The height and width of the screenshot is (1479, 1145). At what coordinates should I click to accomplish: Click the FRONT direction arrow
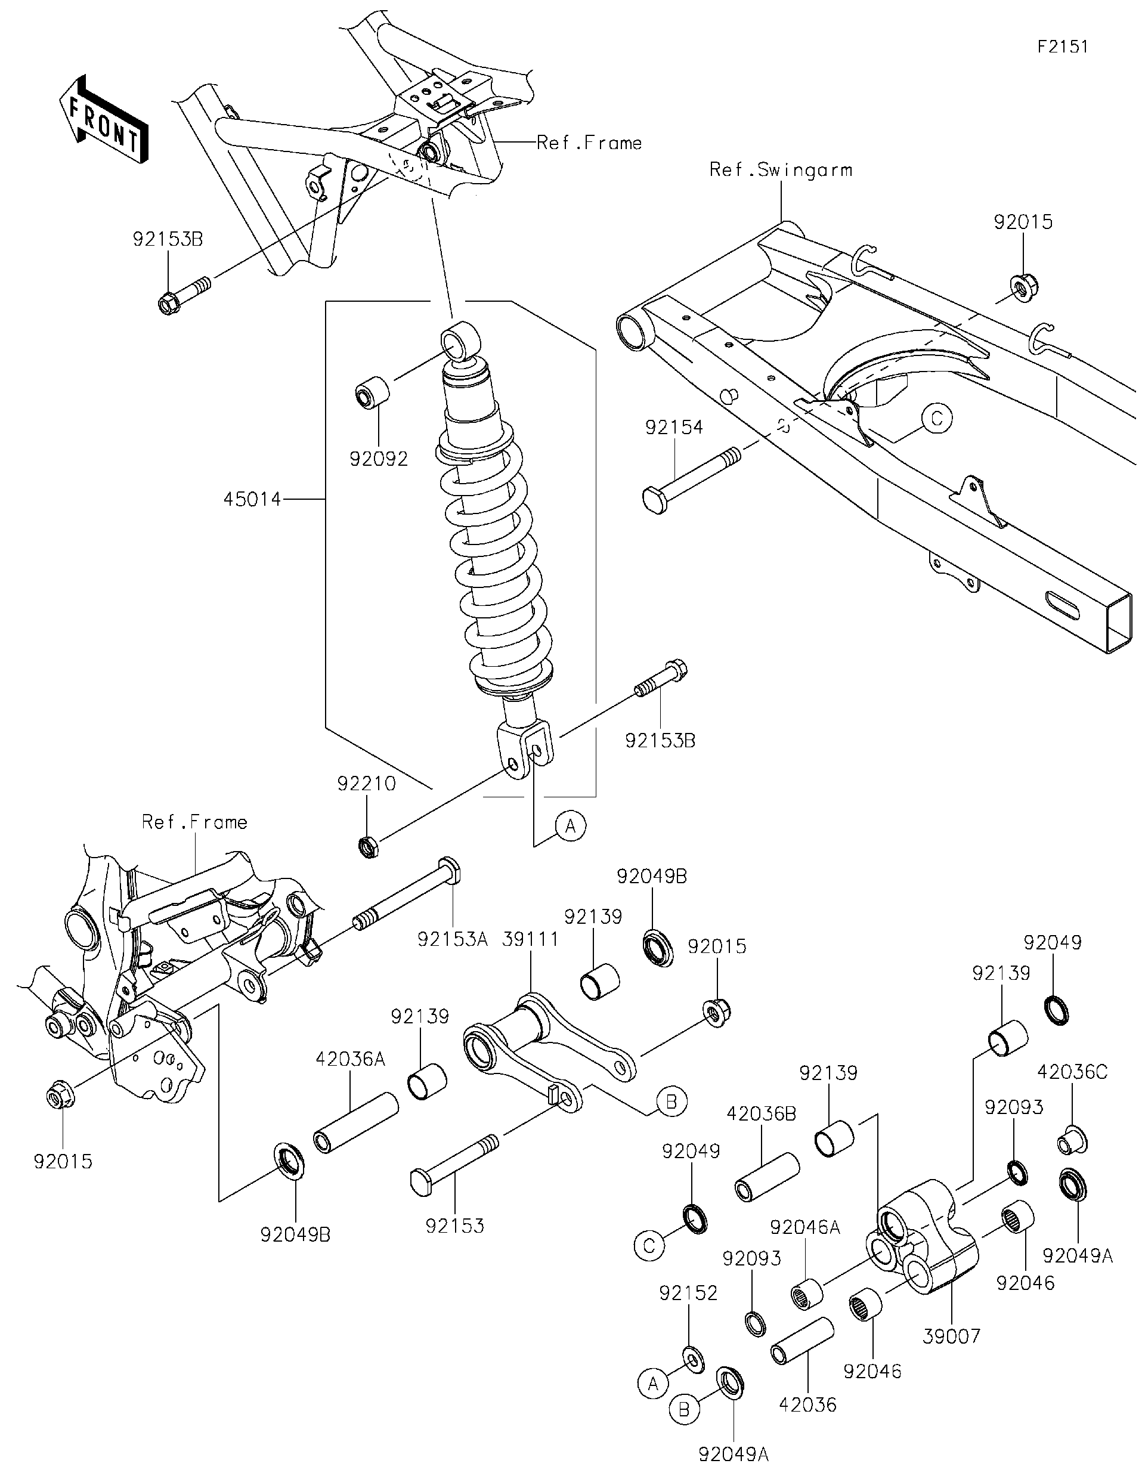(104, 119)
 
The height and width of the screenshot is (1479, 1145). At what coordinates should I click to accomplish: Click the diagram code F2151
(1062, 46)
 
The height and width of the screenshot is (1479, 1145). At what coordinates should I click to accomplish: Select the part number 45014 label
(252, 500)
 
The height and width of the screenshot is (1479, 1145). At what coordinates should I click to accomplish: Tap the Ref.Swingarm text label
(780, 170)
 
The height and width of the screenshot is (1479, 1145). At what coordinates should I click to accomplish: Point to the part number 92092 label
(379, 459)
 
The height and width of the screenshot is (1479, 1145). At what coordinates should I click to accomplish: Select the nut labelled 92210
(368, 846)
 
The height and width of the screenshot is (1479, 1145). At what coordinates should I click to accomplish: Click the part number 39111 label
(530, 939)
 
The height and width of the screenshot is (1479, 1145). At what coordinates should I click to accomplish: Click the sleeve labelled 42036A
(355, 1122)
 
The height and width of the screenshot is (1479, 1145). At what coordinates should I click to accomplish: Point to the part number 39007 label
(951, 1336)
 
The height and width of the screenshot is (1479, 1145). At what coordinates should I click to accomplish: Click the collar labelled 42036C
(1073, 1140)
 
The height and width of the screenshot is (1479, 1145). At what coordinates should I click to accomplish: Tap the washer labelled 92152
(692, 1357)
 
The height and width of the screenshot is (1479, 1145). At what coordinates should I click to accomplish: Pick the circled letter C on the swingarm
(937, 419)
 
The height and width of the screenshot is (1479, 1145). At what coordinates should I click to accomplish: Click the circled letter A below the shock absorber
(570, 826)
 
